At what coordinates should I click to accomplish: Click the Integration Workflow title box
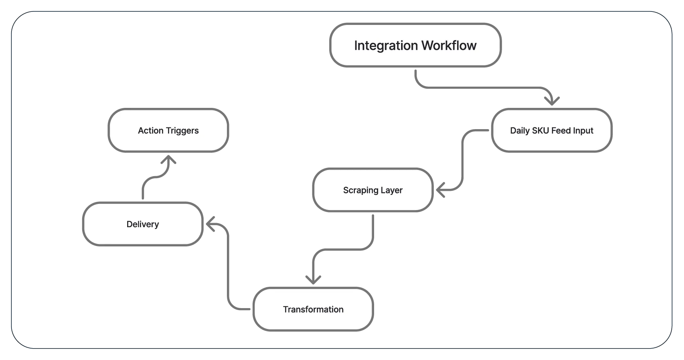415,45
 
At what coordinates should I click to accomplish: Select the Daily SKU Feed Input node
552,131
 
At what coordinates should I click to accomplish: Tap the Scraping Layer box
372,190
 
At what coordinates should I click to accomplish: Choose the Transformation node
313,309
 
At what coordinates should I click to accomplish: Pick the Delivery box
143,224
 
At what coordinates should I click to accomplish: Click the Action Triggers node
168,131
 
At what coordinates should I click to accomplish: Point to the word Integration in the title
386,45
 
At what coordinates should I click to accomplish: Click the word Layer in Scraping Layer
392,190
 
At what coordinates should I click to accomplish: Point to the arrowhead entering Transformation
313,280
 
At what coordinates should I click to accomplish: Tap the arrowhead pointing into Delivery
210,224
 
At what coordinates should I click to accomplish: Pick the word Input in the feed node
583,131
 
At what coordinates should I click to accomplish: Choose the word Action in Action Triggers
151,131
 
